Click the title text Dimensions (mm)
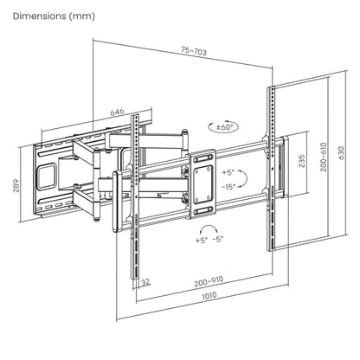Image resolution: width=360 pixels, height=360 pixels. coord(53,16)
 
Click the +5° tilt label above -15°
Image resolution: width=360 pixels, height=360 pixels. coord(228,172)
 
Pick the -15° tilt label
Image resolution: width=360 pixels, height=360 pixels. coord(228,185)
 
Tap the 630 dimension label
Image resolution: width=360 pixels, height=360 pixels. coord(343,156)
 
